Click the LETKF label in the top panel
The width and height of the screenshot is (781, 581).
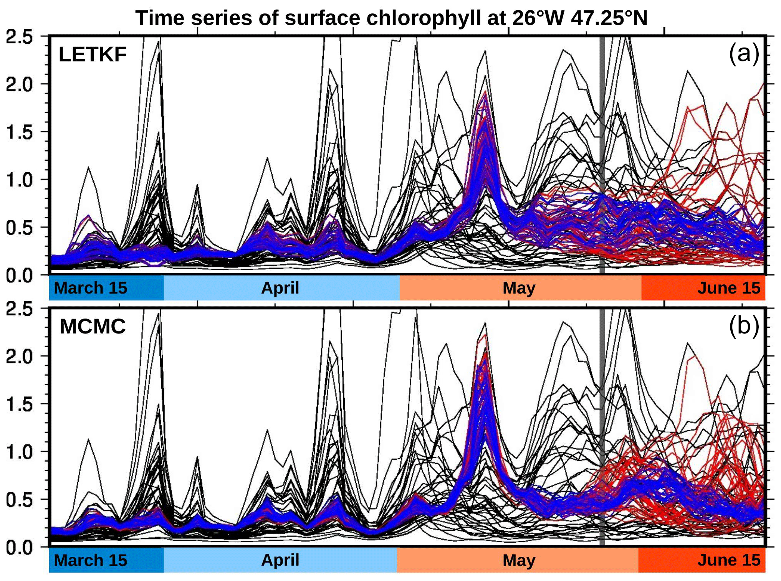(93, 54)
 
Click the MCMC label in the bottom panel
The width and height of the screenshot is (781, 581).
(93, 327)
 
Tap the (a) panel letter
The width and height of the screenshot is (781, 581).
(744, 53)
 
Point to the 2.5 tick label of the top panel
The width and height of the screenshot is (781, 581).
(19, 37)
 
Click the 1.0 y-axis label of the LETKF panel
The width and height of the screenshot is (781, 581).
(19, 180)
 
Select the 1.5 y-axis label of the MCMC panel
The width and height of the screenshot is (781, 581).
(19, 404)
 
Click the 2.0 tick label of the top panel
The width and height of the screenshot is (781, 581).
(19, 84)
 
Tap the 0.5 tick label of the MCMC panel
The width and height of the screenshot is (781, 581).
(19, 500)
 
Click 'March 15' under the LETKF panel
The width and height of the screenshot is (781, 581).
(91, 288)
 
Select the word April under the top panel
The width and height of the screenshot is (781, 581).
(280, 288)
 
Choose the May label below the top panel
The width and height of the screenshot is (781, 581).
(519, 288)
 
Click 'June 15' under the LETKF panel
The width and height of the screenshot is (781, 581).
(728, 288)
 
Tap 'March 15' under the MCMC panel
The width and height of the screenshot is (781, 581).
(91, 560)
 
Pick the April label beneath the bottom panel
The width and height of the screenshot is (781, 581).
(280, 560)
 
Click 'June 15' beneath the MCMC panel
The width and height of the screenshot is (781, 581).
(728, 560)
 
